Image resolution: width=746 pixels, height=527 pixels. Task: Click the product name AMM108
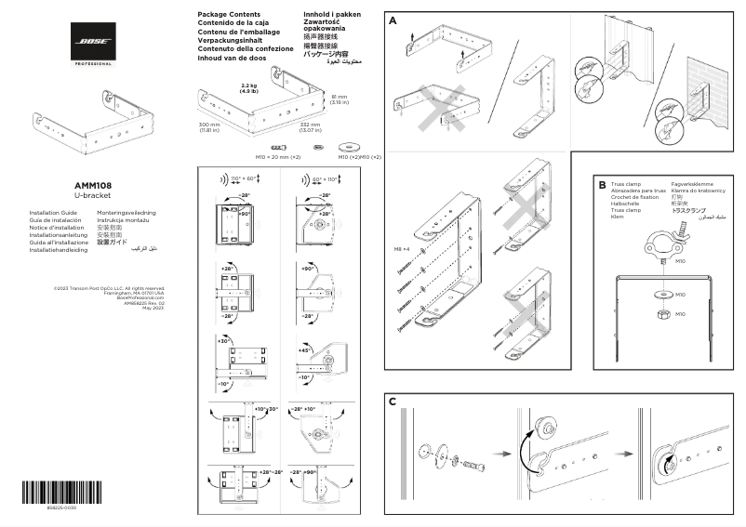click(93, 185)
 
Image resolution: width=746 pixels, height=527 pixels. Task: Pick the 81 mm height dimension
click(340, 96)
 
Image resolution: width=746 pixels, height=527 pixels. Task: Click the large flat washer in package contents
click(352, 147)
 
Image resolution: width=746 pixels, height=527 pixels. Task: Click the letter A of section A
click(394, 20)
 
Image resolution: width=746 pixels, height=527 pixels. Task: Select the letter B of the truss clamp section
click(602, 185)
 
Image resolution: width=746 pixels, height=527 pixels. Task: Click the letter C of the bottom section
click(393, 402)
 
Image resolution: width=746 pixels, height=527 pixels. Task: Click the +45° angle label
click(304, 350)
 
